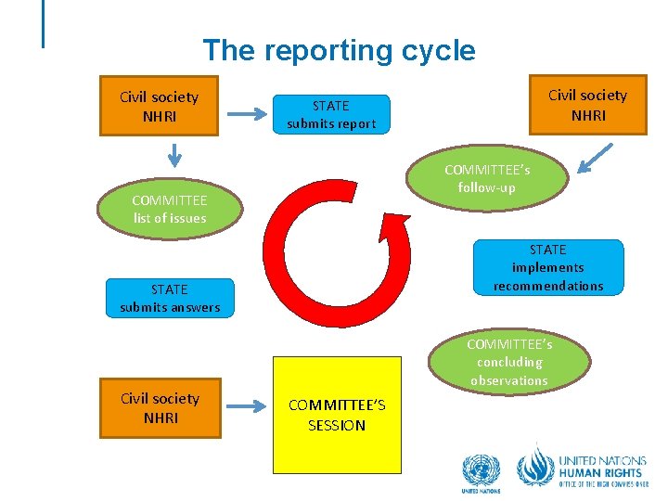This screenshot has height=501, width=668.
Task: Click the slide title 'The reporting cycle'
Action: click(339, 50)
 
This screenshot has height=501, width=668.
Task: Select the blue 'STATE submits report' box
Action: click(331, 114)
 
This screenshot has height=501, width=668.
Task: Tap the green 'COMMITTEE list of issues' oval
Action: click(169, 210)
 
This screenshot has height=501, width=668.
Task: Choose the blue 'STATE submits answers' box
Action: click(170, 298)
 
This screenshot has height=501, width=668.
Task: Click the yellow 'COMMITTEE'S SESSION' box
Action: click(336, 416)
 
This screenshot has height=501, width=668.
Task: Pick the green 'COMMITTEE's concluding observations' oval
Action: click(508, 362)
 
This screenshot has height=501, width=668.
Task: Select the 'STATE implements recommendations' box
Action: click(548, 268)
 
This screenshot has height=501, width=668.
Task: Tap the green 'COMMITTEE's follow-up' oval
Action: click(487, 179)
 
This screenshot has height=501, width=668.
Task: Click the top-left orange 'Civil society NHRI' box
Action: click(159, 105)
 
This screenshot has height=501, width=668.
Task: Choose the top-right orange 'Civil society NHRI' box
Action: click(587, 104)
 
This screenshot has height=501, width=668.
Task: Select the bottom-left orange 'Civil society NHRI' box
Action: click(160, 407)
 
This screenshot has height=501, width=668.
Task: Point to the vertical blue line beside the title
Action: click(44, 23)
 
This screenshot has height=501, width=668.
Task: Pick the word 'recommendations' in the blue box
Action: click(548, 286)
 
